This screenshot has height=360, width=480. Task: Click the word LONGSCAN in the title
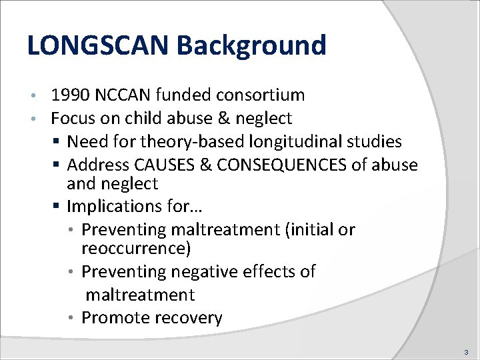98,45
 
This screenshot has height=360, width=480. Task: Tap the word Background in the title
251,46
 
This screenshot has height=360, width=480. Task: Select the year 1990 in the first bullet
71,95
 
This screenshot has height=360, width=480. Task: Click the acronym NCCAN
123,95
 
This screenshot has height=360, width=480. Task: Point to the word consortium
261,95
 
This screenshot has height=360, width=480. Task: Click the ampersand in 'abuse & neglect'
224,118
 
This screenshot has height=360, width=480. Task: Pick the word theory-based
192,142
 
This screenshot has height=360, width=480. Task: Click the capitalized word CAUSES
165,165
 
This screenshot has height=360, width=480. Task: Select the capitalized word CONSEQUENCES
281,165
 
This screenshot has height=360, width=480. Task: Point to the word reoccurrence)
136,248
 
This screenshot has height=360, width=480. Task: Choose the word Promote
115,317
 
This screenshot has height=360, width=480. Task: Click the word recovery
188,318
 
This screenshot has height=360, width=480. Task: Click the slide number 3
466,352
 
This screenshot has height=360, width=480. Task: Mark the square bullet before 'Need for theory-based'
56,141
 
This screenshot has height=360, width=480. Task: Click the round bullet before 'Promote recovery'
71,318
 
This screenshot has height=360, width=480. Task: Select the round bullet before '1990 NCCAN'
33,95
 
